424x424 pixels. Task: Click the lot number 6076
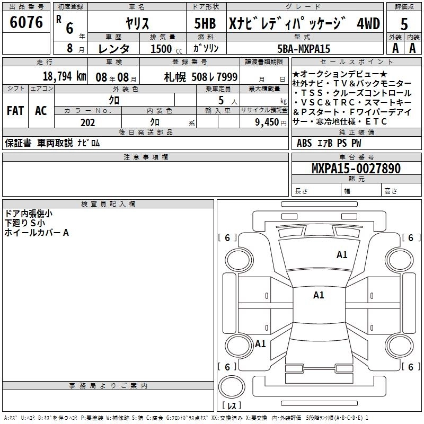[x=26, y=23]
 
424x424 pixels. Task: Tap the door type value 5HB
[x=205, y=23]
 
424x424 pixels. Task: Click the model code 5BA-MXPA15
[x=304, y=49]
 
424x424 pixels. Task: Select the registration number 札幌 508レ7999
[x=200, y=76]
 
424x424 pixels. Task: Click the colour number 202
[x=88, y=122]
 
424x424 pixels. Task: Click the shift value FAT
[x=15, y=111]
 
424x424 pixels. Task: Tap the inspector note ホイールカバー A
[x=37, y=232]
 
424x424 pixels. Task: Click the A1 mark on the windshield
[x=342, y=255]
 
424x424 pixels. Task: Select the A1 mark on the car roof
[x=318, y=295]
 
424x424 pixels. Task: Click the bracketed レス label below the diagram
[x=232, y=405]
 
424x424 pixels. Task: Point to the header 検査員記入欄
[x=108, y=204]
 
